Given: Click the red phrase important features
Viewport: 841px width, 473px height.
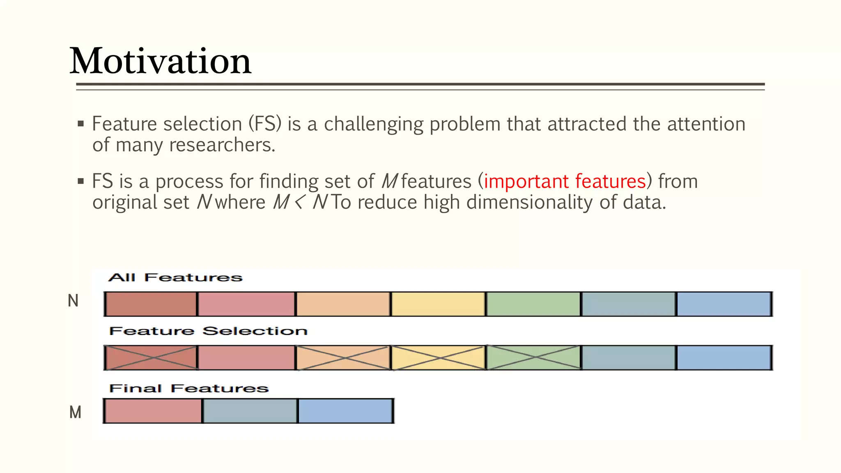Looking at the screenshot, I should click(x=565, y=181).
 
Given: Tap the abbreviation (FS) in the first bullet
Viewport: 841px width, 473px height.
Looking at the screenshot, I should click(x=265, y=124).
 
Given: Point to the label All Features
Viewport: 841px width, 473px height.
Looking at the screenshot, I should click(x=175, y=278).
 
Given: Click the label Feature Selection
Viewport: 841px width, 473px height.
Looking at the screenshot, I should click(x=208, y=331).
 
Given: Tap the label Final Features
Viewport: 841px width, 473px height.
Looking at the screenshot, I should click(x=188, y=388).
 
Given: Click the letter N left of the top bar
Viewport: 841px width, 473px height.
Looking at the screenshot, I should click(x=73, y=301).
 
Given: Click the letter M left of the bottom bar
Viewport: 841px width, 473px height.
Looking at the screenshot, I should click(x=75, y=412).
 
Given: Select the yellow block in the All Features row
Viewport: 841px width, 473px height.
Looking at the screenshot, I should click(x=438, y=304).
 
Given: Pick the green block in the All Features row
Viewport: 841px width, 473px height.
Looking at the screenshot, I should click(x=533, y=304).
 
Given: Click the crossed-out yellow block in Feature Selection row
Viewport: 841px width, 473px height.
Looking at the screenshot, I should click(x=438, y=358).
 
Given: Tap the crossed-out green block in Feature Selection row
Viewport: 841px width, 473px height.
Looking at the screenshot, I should click(x=533, y=358).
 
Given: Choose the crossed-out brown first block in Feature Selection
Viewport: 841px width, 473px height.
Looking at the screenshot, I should click(x=151, y=358).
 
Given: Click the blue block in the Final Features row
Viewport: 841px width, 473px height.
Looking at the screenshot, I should click(x=345, y=411).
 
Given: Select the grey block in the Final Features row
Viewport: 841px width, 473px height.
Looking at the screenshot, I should click(x=250, y=411).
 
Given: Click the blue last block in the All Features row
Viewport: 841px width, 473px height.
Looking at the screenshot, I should click(x=724, y=304).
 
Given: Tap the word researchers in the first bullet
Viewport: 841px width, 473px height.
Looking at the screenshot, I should click(x=222, y=145).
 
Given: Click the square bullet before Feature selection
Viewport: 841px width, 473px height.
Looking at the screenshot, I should click(x=81, y=124).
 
